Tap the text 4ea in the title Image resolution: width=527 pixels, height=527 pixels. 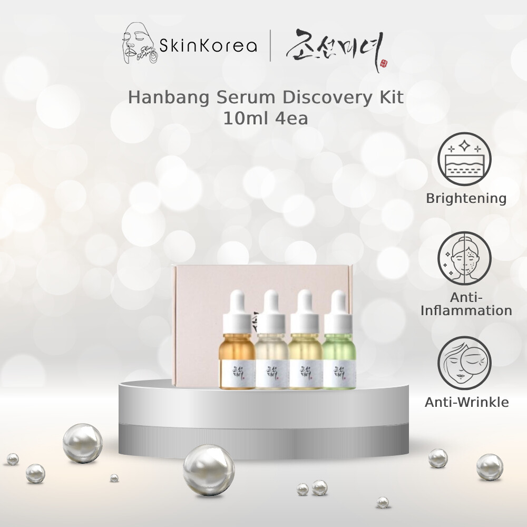pyautogui.click(x=290, y=118)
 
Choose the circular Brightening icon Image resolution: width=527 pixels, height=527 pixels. pyautogui.click(x=465, y=158)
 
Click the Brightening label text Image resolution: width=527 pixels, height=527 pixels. pyautogui.click(x=466, y=198)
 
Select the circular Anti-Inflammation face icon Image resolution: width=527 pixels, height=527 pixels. pyautogui.click(x=465, y=257)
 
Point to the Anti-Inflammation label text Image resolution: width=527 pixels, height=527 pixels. pyautogui.click(x=466, y=304)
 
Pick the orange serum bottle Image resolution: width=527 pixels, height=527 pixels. pyautogui.click(x=236, y=358)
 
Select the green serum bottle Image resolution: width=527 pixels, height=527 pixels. pyautogui.click(x=338, y=358)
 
